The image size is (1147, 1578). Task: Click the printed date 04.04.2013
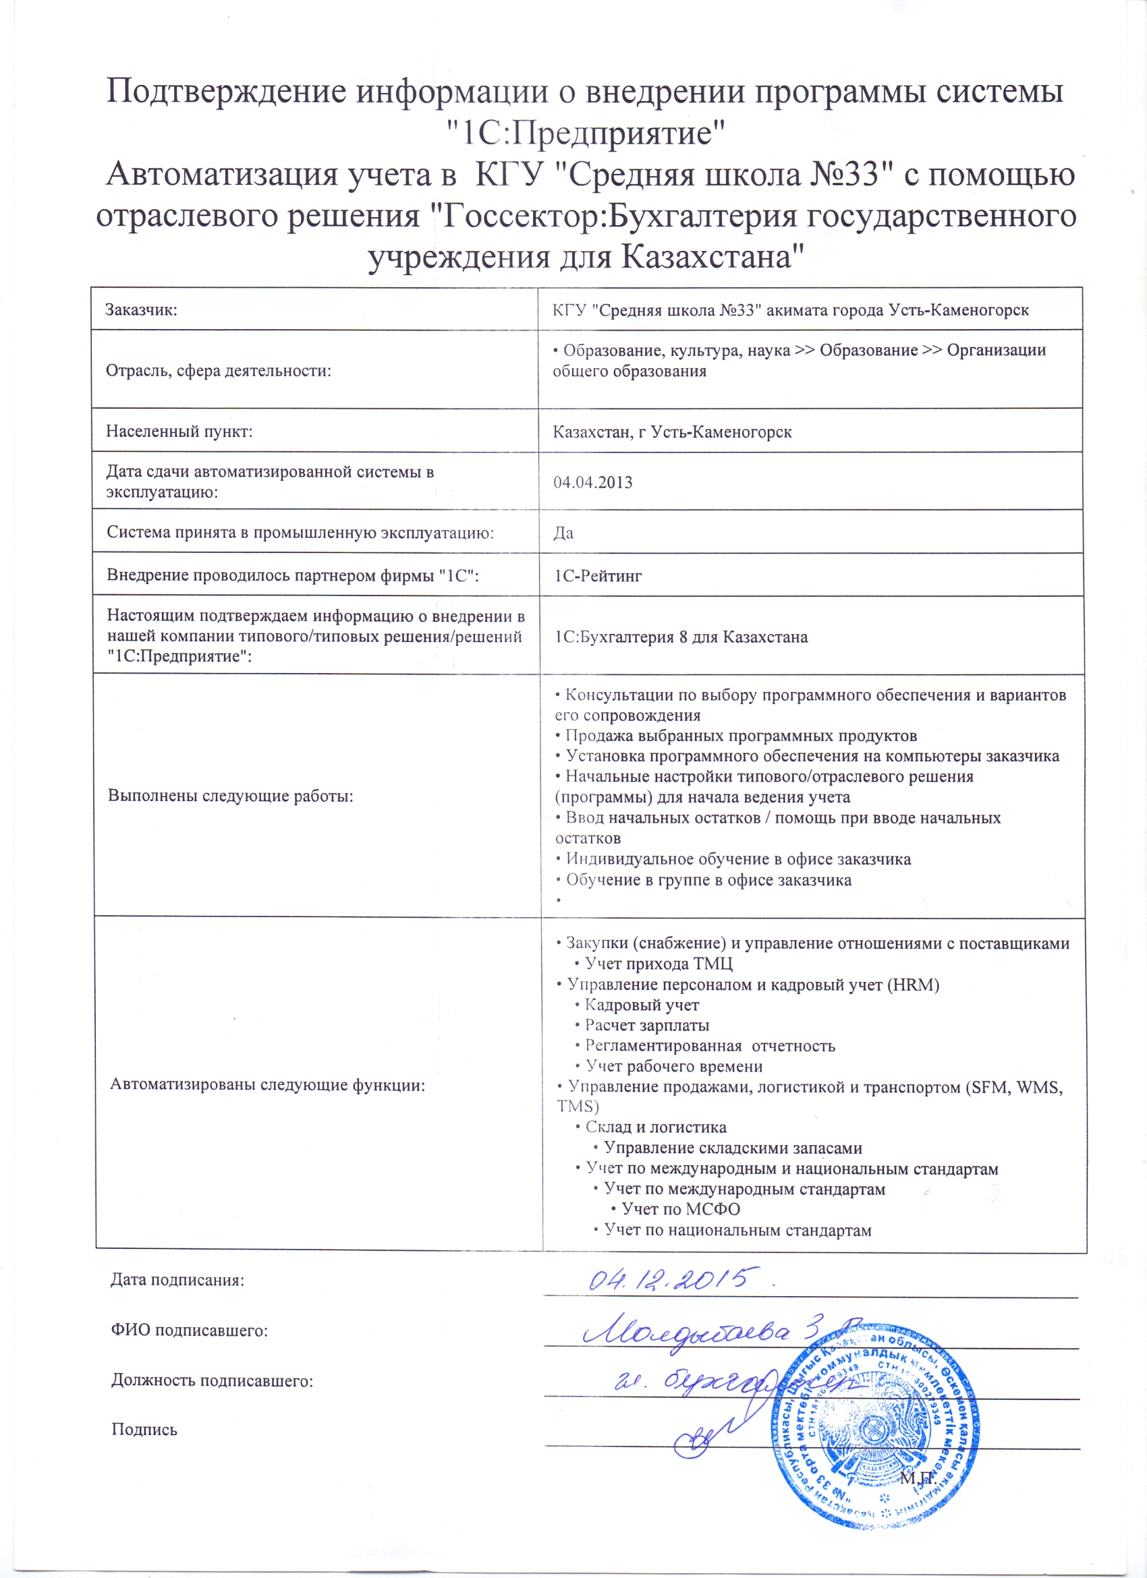[592, 483]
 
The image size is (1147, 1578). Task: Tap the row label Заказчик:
[141, 310]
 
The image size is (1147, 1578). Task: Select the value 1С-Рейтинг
[598, 575]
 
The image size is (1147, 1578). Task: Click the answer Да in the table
[563, 533]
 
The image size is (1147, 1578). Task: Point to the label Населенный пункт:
[179, 432]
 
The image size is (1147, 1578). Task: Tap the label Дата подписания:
[177, 1280]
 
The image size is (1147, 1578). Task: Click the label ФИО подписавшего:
[190, 1331]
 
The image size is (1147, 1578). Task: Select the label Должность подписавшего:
[213, 1380]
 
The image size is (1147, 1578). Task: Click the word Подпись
[145, 1430]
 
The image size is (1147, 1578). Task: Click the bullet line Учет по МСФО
[680, 1209]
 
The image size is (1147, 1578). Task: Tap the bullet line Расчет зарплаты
[646, 1025]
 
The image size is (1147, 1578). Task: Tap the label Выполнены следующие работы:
[230, 796]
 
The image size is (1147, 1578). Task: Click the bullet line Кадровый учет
[641, 1005]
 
